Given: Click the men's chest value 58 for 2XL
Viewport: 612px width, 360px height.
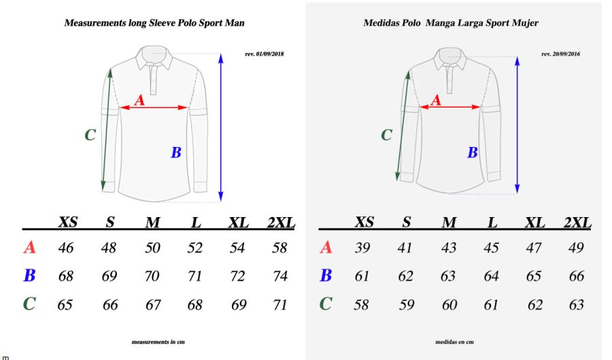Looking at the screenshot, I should [279, 248].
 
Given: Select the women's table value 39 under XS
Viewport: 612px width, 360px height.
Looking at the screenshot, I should [362, 248].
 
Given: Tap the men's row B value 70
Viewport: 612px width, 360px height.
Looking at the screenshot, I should [152, 276].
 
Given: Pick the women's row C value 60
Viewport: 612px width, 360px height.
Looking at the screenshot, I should [449, 305].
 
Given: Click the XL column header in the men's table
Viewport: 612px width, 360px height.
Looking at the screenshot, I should [237, 223].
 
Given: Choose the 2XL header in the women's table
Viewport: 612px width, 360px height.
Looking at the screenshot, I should [577, 223].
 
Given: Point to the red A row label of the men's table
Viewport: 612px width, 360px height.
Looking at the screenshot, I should [29, 248].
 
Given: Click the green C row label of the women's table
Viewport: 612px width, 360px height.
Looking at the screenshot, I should [326, 304].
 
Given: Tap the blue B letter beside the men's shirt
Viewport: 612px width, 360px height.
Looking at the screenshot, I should [175, 153].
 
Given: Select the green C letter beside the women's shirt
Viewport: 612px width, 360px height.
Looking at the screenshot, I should [386, 135].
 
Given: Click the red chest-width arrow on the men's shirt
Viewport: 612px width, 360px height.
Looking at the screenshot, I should [154, 108].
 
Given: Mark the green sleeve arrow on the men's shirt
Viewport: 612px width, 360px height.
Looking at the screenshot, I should [107, 129].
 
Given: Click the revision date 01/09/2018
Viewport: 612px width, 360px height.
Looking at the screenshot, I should [264, 54].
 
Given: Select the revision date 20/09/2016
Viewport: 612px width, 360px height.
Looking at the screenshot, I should [560, 54].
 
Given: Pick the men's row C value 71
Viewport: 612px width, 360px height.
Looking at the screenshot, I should [279, 305].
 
